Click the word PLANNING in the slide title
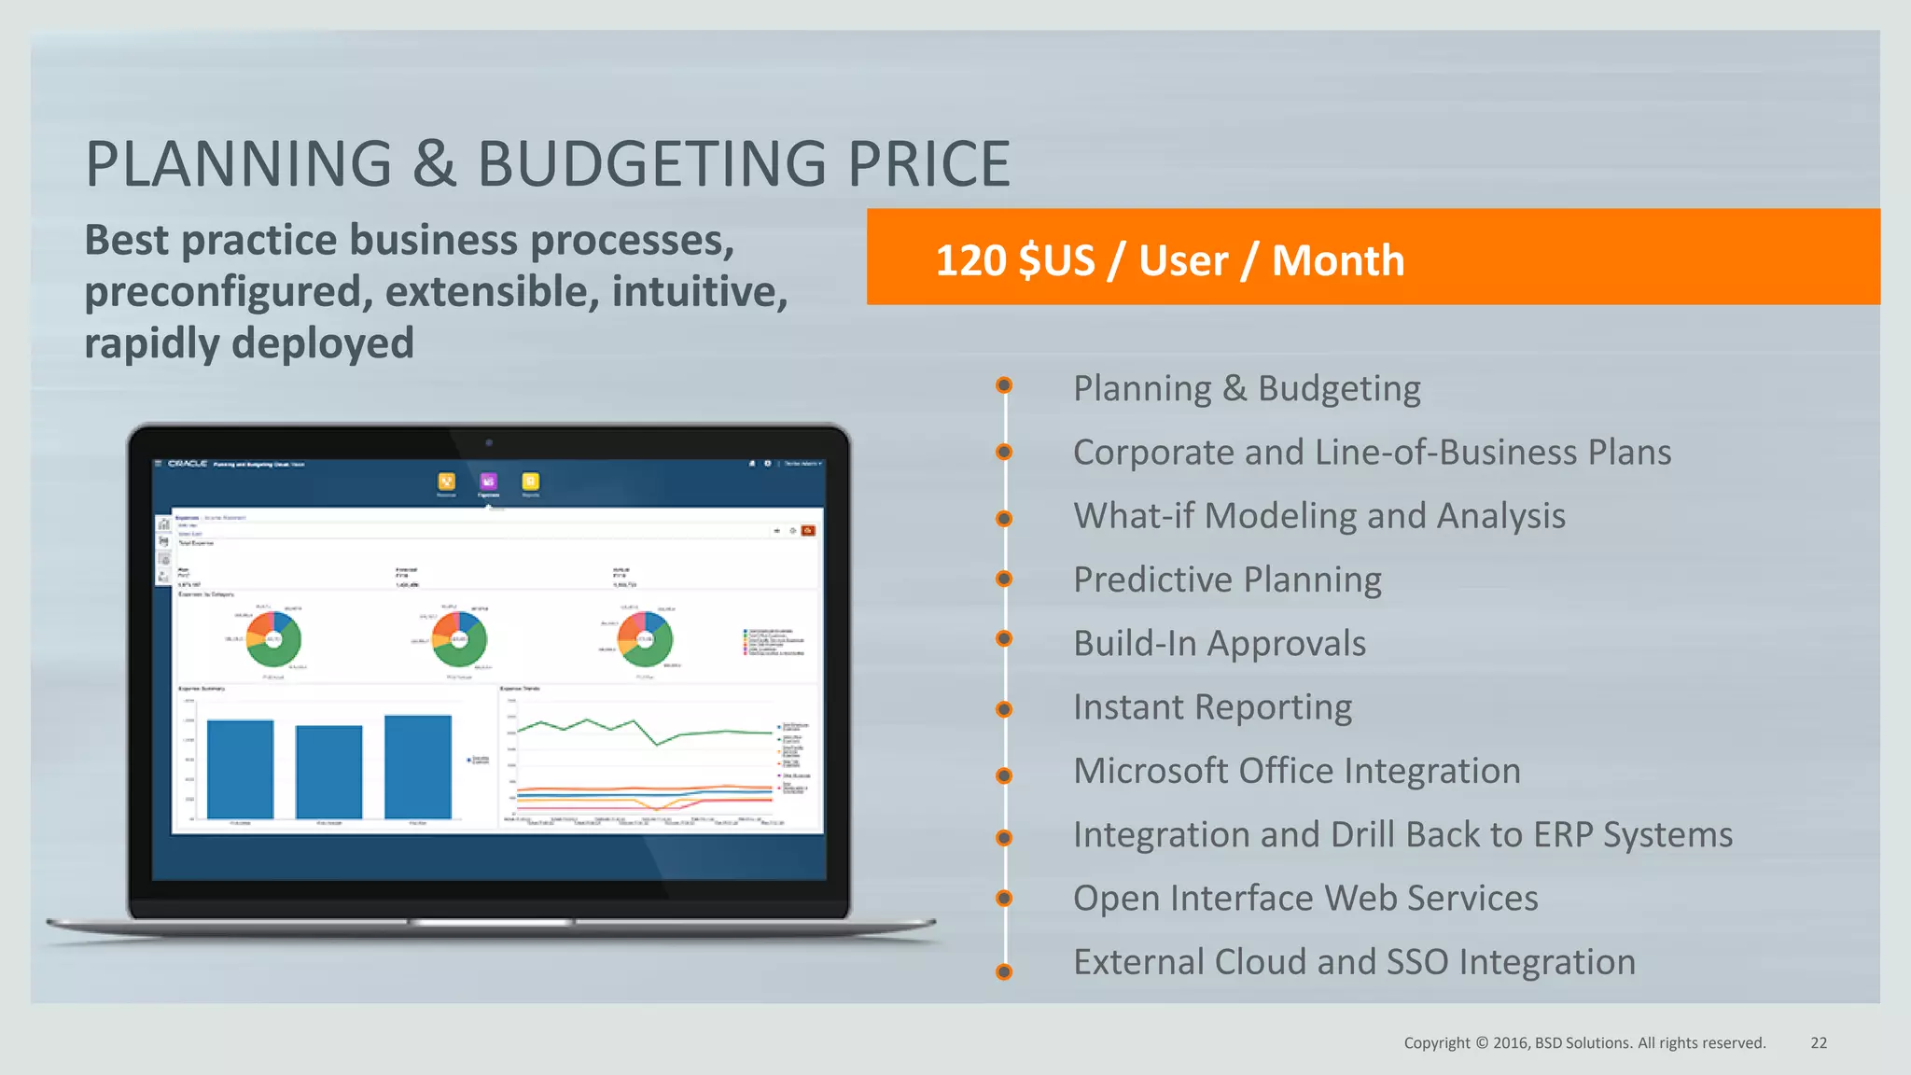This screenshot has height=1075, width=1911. [239, 164]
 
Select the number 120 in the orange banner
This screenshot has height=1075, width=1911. [969, 260]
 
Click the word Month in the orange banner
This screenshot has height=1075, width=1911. [1337, 260]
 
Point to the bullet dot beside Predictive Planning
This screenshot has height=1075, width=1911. [1004, 579]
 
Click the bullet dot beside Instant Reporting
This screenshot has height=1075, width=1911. [1004, 709]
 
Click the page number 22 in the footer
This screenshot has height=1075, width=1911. [1819, 1043]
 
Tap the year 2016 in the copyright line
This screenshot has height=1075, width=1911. [1510, 1043]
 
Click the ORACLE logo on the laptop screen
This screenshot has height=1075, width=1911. [188, 464]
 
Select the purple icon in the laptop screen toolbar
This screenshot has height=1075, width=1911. [488, 482]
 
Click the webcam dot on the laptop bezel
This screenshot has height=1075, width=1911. [489, 443]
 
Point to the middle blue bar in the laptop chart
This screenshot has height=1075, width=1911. [328, 772]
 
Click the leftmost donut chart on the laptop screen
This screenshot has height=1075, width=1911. [273, 639]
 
